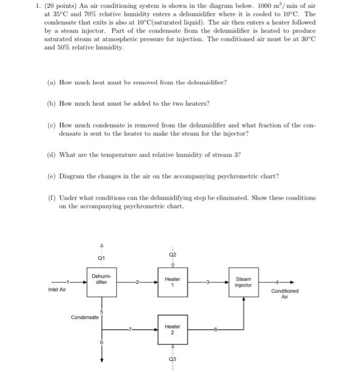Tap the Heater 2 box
172,330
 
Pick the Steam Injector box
244,282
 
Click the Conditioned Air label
284,294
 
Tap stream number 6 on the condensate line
101,343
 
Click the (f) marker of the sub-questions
51,198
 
